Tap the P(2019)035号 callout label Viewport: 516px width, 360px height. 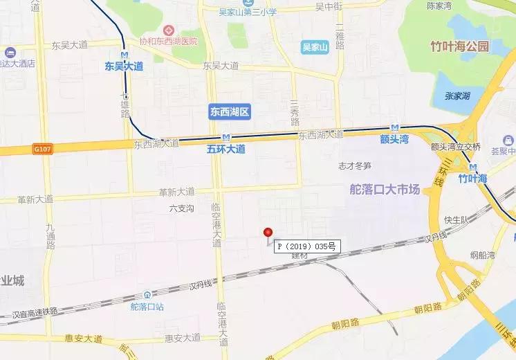coord(306,246)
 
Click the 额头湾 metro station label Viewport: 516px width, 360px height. coord(396,139)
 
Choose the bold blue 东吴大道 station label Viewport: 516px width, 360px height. coord(125,66)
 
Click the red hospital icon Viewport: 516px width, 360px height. coord(168,30)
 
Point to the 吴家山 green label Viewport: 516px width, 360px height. coord(317,47)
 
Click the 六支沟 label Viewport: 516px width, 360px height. coord(180,207)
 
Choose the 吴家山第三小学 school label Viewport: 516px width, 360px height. coord(247,12)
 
